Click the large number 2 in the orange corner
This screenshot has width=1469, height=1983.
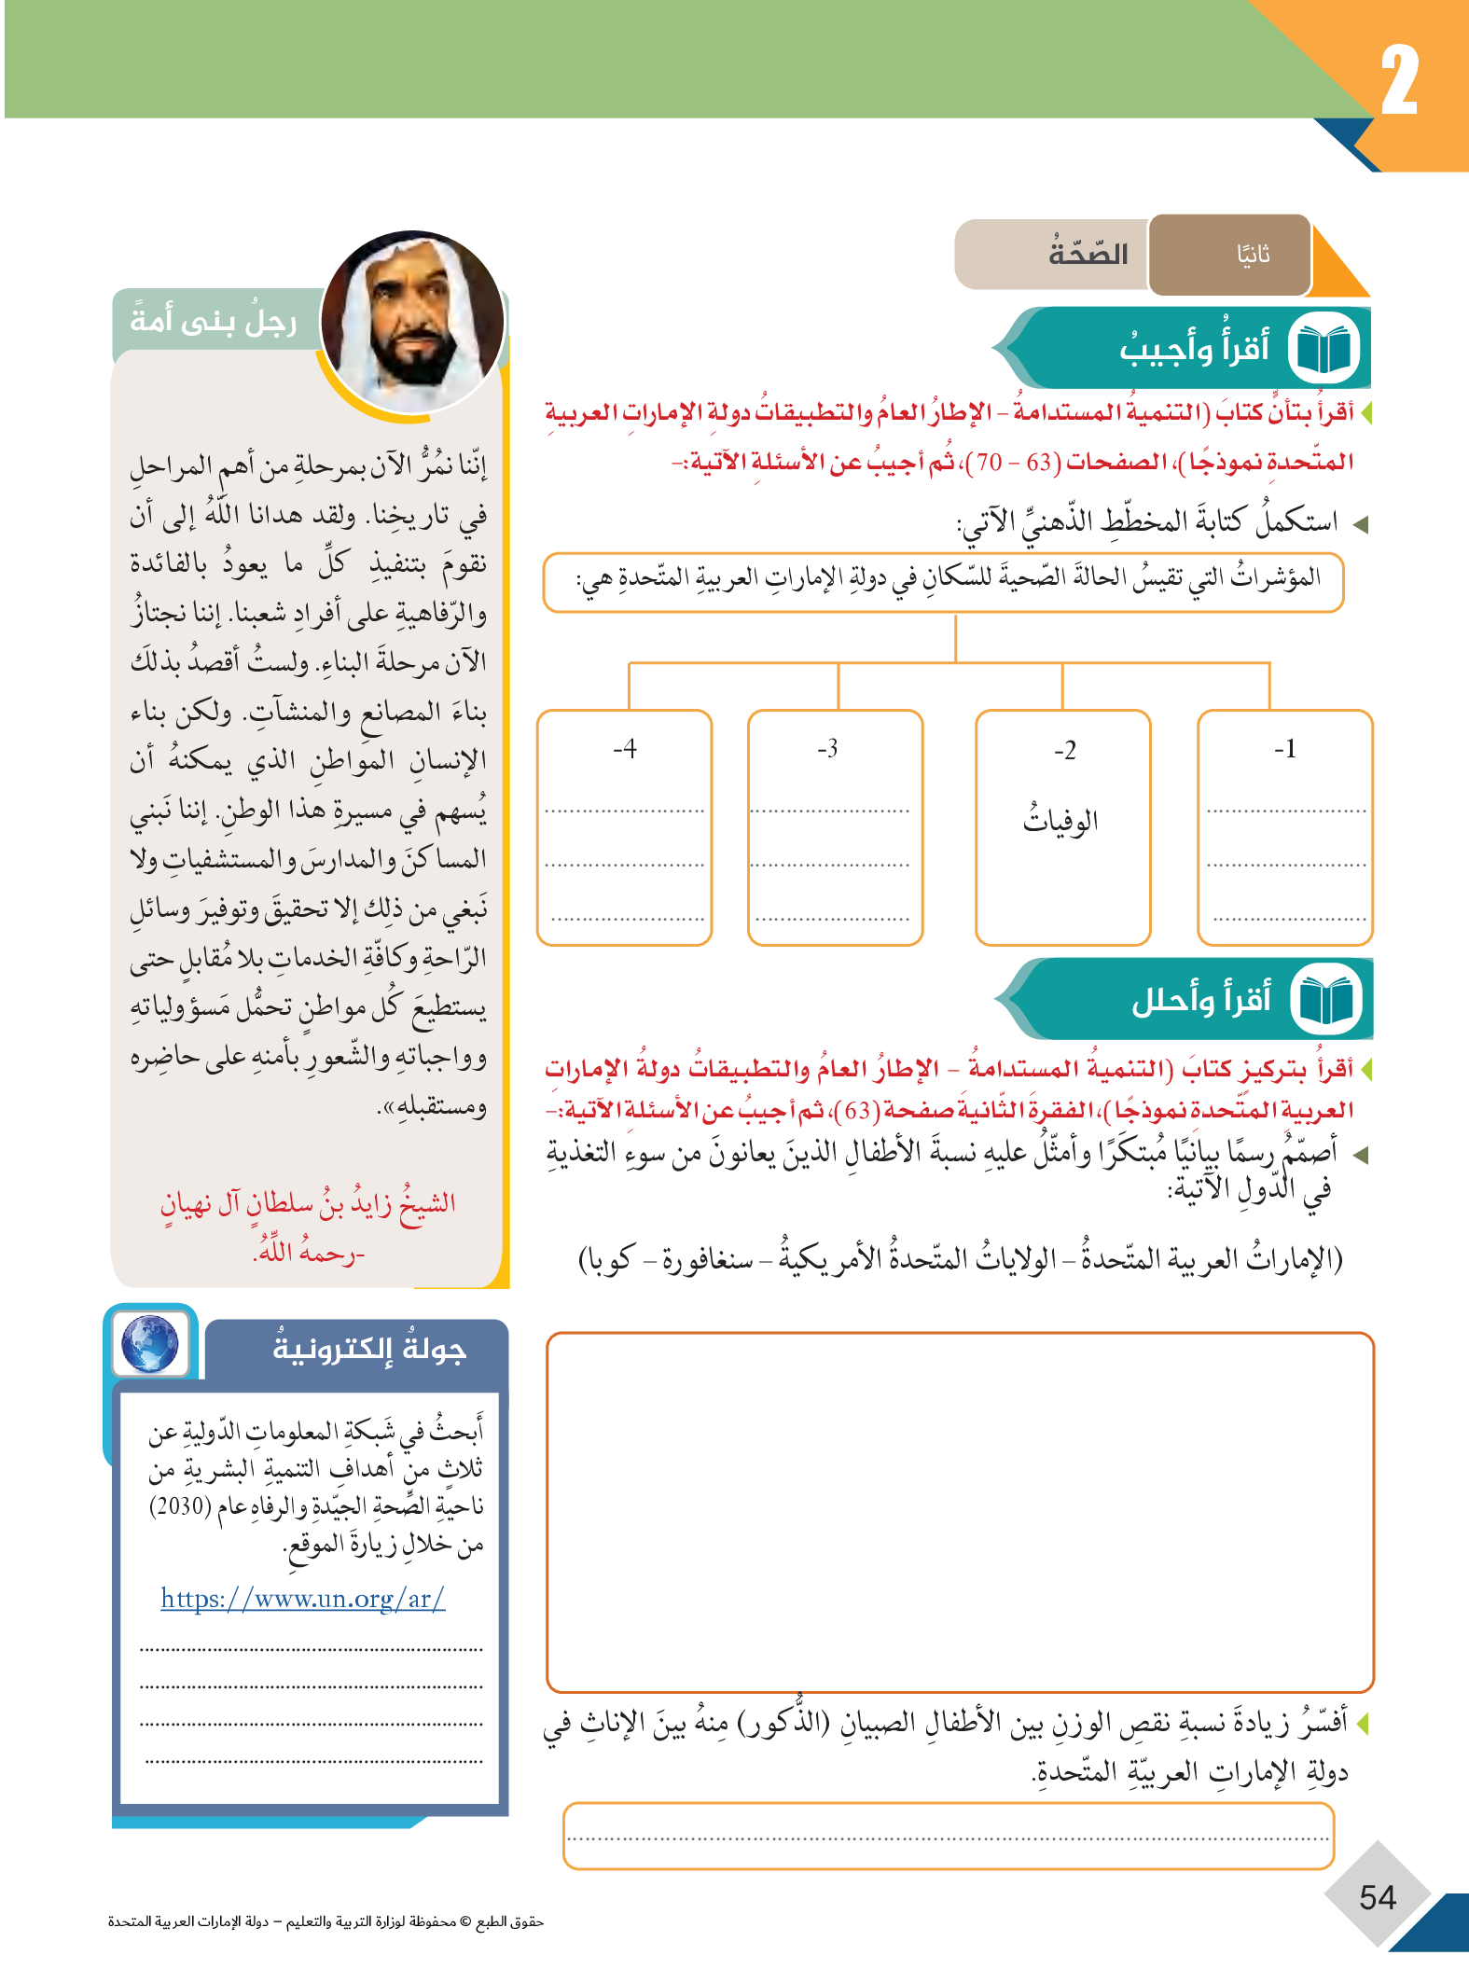(x=1399, y=82)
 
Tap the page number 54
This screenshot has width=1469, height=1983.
(x=1378, y=1897)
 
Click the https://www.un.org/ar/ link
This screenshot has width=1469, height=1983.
(x=302, y=1599)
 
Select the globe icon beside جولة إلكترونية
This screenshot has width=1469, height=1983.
(x=150, y=1343)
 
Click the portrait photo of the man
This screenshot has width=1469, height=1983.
(x=413, y=322)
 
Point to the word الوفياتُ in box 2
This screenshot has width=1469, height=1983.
(x=1060, y=820)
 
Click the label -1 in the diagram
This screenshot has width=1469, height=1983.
(x=1284, y=749)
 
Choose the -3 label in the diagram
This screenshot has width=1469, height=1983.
(x=827, y=749)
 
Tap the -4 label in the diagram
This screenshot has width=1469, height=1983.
(x=624, y=749)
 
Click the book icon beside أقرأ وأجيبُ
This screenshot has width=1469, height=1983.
(x=1323, y=349)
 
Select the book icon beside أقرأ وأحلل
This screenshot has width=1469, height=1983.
(x=1325, y=1000)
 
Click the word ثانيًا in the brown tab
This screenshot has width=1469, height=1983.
(x=1253, y=255)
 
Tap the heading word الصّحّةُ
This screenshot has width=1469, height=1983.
(x=1088, y=253)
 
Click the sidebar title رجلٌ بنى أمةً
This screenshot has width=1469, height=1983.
(x=214, y=321)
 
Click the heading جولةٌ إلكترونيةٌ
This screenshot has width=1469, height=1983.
(x=368, y=1350)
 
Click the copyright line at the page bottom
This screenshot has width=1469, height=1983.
(x=326, y=1921)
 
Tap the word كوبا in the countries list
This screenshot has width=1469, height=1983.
(x=607, y=1260)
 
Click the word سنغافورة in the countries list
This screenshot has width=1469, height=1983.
(x=706, y=1260)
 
